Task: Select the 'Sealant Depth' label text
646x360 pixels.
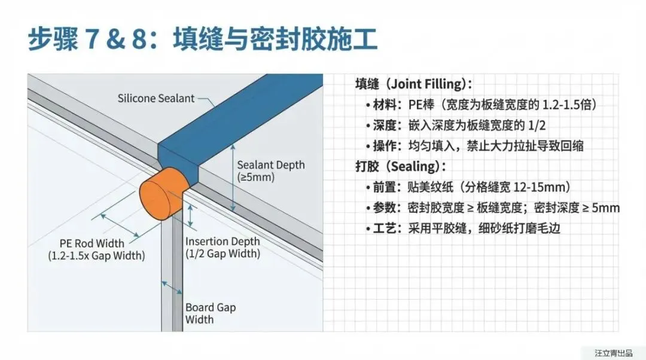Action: (x=270, y=165)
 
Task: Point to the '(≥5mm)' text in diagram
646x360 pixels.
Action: (x=256, y=177)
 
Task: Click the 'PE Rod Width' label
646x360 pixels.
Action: (x=92, y=243)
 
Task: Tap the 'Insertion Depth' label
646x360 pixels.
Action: (x=223, y=242)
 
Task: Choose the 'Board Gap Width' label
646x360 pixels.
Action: (x=211, y=313)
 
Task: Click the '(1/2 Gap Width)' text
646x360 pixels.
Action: (x=223, y=254)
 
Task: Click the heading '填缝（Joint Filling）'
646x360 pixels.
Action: (x=413, y=84)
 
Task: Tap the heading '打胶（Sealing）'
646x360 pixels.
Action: (x=400, y=166)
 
